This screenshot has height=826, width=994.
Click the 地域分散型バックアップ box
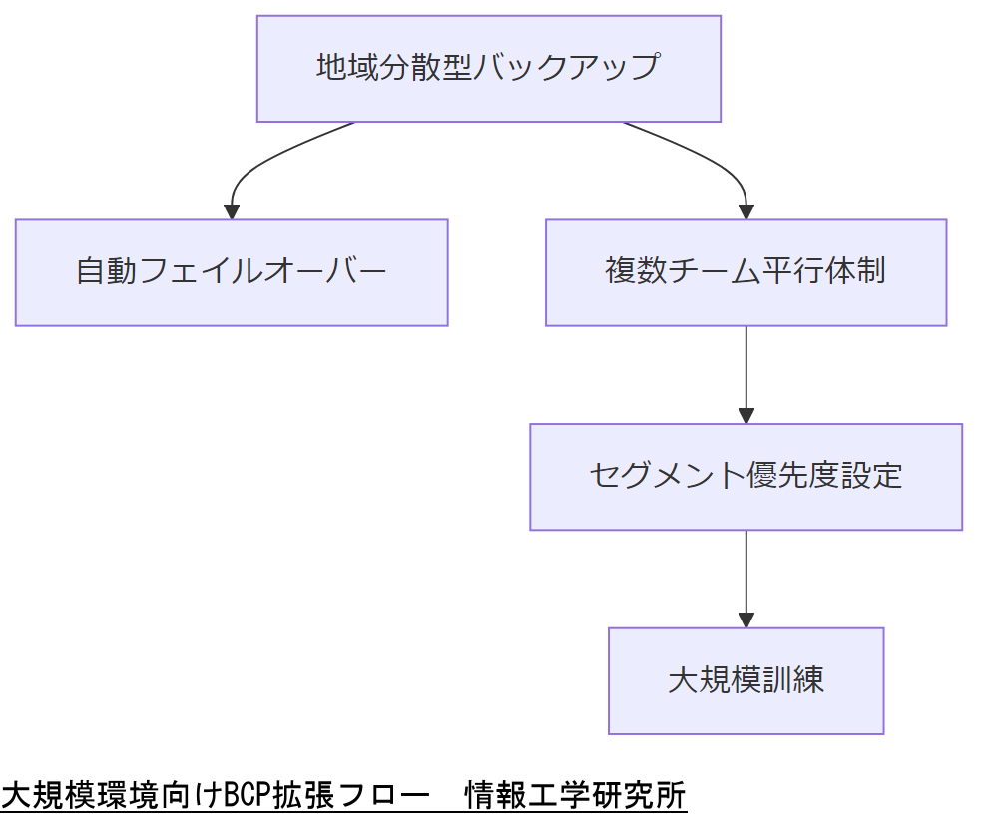[x=488, y=69]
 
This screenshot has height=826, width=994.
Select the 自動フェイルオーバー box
[x=232, y=272]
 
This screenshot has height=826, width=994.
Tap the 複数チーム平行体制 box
[x=745, y=272]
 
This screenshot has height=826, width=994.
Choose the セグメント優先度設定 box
[x=745, y=476]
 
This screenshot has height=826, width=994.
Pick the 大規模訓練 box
[x=745, y=680]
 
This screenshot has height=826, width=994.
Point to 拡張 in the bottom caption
[x=305, y=796]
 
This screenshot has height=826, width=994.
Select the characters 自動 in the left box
[x=108, y=272]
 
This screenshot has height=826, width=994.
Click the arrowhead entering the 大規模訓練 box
[x=745, y=619]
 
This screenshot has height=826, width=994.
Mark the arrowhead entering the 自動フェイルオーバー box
[x=232, y=211]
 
